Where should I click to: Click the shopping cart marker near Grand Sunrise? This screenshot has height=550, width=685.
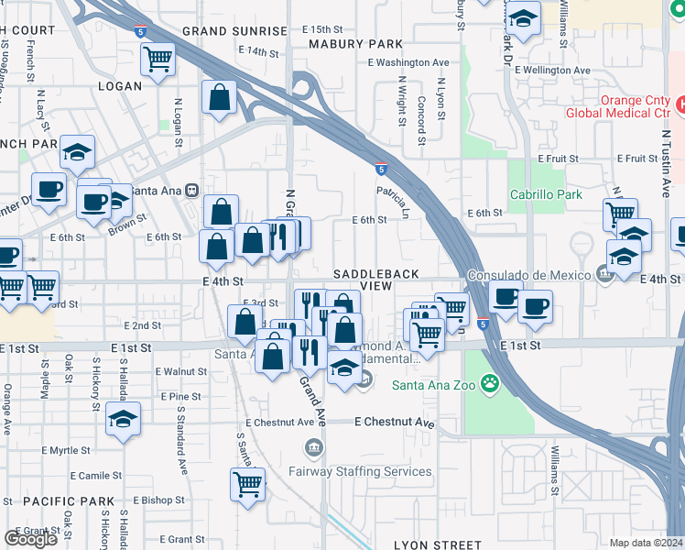(158, 60)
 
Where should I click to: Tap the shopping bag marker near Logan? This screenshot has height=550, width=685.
(220, 97)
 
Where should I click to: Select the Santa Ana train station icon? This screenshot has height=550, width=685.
(191, 191)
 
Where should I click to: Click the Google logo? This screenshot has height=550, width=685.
(30, 538)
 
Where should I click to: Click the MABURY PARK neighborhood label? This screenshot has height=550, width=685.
(355, 43)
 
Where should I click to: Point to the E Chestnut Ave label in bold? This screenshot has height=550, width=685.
(395, 423)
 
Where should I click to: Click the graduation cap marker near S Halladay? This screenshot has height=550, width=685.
(123, 420)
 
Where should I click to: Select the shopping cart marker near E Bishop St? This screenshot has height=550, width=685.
(247, 484)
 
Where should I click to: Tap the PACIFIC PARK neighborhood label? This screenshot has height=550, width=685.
(57, 501)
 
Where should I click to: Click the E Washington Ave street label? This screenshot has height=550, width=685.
(408, 62)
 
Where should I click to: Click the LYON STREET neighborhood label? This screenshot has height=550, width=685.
(438, 544)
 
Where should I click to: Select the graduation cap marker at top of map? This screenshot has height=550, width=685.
(523, 18)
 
